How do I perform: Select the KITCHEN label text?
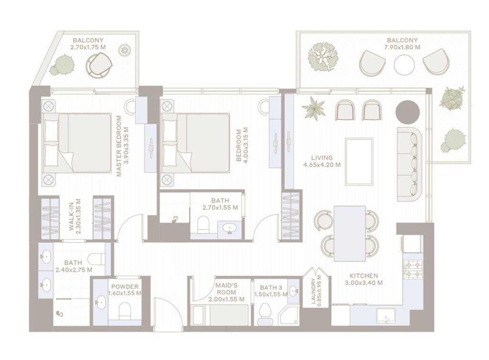(363, 276)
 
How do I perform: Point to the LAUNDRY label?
(314, 292)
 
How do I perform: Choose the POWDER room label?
(125, 286)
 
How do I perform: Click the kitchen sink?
(385, 314)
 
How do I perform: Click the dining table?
(349, 233)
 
